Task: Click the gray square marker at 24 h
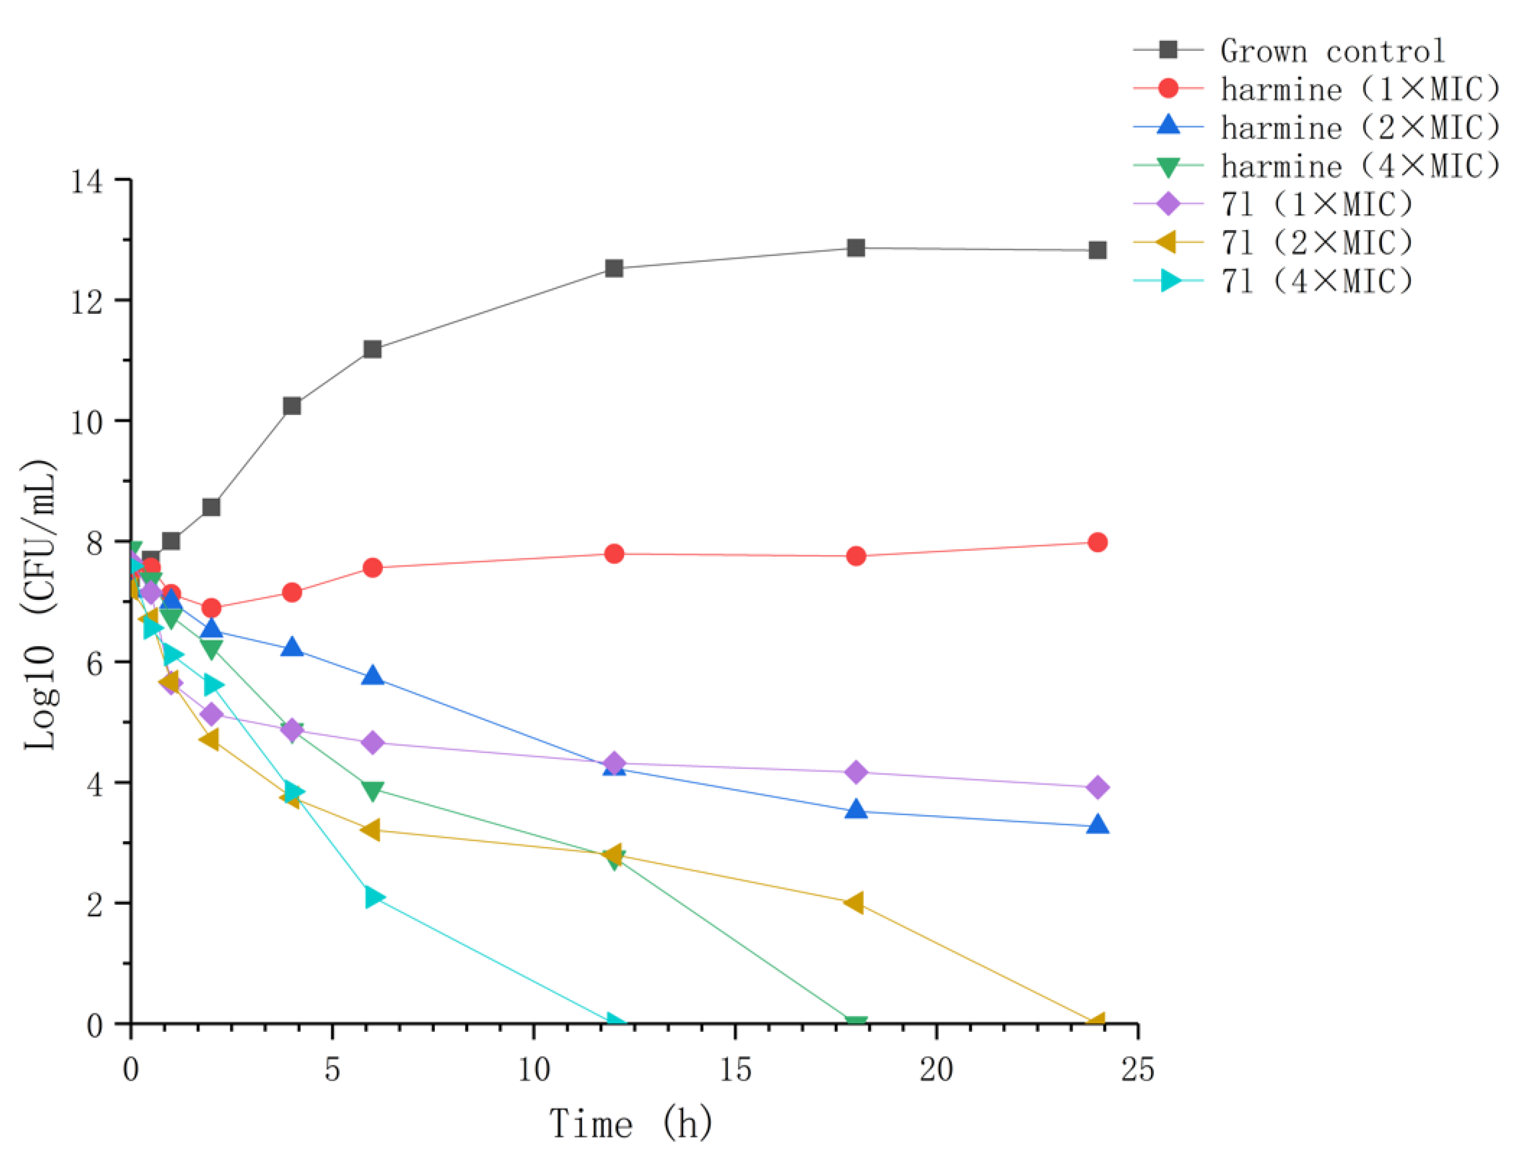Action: tap(1096, 250)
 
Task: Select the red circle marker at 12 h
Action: tap(614, 554)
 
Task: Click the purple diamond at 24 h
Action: tap(1096, 788)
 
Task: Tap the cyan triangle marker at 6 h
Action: tap(373, 897)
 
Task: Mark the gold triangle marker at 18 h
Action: tap(854, 903)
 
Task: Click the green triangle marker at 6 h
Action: tap(372, 791)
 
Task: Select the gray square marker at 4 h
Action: tap(292, 406)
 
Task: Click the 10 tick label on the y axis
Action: tap(87, 422)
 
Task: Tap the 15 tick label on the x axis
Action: tap(735, 1070)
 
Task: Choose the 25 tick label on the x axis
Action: tap(1138, 1070)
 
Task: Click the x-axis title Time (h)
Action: tap(631, 1123)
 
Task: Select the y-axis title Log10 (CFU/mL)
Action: tap(40, 604)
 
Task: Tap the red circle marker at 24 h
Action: tap(1096, 543)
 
